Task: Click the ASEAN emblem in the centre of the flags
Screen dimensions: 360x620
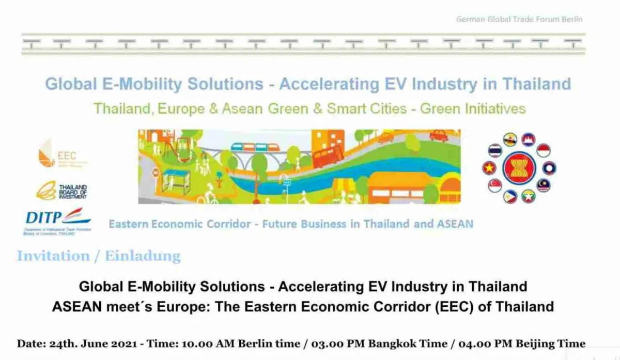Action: (519, 167)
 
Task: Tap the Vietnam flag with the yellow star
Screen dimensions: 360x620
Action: (489, 168)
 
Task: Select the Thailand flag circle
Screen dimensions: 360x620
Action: (495, 150)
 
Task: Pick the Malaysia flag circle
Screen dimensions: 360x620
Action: (544, 185)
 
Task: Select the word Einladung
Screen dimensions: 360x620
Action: (143, 256)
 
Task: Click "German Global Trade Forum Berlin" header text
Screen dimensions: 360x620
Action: (519, 19)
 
